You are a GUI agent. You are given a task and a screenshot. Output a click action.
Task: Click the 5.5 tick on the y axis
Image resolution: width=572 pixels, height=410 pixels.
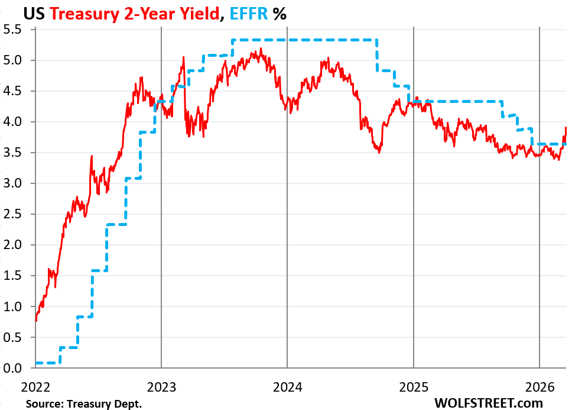tap(14, 30)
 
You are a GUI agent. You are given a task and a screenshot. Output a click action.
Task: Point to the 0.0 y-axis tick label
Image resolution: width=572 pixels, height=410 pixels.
tap(14, 369)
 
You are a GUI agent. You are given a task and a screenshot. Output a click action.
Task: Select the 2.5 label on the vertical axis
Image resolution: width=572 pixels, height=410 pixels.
tap(14, 214)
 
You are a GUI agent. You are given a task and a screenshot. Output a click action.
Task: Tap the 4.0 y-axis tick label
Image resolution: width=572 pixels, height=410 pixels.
tap(14, 122)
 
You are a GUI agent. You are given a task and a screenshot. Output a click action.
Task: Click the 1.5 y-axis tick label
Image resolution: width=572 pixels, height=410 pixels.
tap(14, 276)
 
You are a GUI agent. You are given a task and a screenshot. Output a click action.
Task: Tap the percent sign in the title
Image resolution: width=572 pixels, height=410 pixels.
tap(279, 14)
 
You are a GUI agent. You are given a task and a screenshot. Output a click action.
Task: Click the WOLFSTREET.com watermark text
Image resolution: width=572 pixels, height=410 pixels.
tap(488, 402)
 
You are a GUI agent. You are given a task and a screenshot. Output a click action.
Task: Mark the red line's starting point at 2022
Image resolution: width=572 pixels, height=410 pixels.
tap(36, 321)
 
